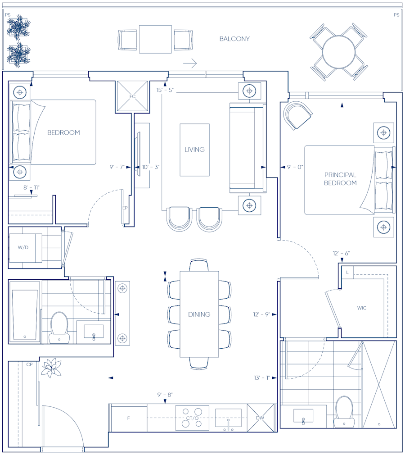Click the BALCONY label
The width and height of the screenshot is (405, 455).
(234, 39)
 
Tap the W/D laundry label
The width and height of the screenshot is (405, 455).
(23, 247)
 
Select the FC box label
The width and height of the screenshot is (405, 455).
(132, 96)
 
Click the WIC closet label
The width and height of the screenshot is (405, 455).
(362, 308)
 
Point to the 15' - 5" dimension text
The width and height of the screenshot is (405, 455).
(165, 90)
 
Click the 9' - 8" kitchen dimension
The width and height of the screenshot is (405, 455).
(165, 395)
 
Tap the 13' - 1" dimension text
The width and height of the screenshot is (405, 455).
(262, 378)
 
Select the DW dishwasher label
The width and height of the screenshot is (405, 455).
(260, 418)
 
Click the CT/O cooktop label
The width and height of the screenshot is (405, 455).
(192, 418)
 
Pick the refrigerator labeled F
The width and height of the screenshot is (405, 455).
(128, 418)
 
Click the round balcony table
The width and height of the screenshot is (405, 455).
(338, 52)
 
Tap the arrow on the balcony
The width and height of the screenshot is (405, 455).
(190, 63)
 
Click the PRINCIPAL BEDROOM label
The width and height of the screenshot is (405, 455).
(340, 179)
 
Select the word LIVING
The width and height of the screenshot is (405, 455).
(194, 150)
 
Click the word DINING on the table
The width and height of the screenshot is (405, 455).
(199, 314)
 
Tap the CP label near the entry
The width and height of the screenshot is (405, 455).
(29, 364)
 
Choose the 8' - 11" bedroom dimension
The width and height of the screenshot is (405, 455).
(31, 187)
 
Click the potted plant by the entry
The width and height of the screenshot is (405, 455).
(51, 368)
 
